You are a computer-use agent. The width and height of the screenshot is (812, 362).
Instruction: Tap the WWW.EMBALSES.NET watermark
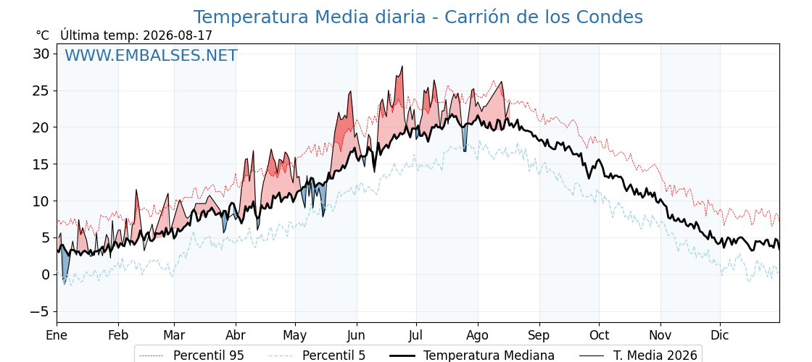tap(151, 55)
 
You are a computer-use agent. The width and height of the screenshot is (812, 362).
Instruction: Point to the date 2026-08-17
tap(178, 35)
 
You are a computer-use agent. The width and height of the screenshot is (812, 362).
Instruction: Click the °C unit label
tap(43, 35)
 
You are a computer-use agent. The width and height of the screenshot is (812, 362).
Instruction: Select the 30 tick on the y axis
tap(43, 54)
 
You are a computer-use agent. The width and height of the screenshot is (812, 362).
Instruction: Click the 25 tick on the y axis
tap(43, 90)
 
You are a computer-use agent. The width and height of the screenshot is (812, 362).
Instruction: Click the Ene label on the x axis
tap(57, 336)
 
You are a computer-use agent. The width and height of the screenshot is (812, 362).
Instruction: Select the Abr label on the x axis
tap(236, 336)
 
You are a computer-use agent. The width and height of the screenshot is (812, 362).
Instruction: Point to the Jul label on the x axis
tap(416, 336)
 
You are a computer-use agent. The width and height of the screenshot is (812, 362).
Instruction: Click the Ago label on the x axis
tap(478, 336)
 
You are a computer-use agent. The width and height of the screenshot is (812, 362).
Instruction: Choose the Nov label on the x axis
tap(660, 336)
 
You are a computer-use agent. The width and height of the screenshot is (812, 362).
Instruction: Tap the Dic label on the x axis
tap(720, 336)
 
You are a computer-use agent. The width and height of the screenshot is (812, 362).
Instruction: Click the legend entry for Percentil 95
tap(192, 355)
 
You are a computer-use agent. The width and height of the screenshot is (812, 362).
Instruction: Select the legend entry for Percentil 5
tap(318, 355)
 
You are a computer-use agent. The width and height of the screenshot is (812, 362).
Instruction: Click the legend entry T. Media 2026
tap(638, 355)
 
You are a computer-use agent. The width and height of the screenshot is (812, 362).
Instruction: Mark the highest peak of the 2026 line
tap(402, 66)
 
